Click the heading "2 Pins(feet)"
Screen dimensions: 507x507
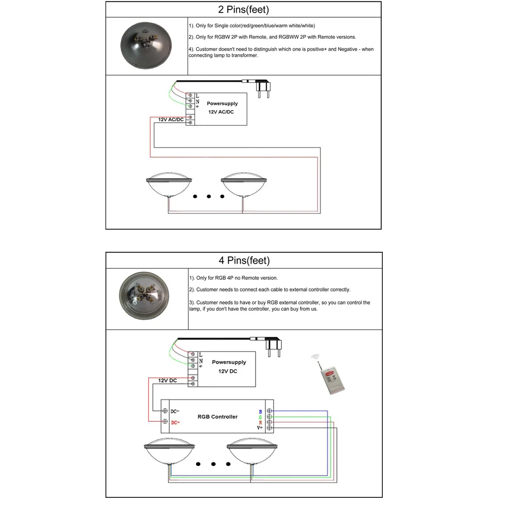coord(243,10)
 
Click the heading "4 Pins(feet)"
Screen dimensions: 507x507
coord(244,261)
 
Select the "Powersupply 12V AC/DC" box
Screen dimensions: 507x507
coord(222,110)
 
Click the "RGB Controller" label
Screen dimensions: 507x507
coord(218,417)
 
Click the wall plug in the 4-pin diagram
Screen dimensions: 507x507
coord(274,346)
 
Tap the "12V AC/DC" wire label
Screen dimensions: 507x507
coord(170,120)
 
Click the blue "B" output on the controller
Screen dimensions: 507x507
coord(261,411)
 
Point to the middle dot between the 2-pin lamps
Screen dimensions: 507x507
coord(209,196)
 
